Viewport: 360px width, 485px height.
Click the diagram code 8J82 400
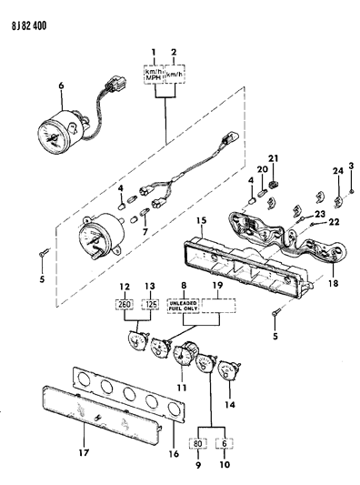point(29,25)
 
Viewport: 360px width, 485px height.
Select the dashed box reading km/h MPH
point(154,75)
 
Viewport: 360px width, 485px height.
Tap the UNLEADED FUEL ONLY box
point(183,306)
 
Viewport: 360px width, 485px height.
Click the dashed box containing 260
point(125,304)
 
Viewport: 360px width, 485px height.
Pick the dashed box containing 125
point(151,304)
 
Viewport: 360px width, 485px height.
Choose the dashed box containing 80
point(198,443)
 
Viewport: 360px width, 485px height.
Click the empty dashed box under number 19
point(218,306)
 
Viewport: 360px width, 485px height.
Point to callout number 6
point(61,86)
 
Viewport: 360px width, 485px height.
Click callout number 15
point(202,220)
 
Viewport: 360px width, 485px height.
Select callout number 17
point(84,453)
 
